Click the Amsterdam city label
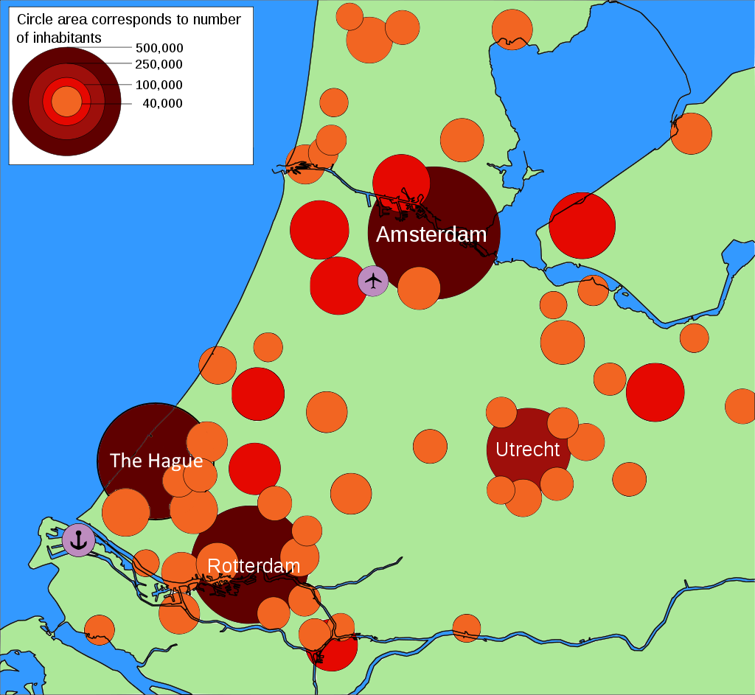point(431,234)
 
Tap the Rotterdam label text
point(254,566)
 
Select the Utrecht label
point(527,449)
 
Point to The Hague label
point(156,461)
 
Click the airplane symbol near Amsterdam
point(373,281)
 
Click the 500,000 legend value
point(159,48)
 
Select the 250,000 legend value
point(159,65)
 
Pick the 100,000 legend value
point(159,85)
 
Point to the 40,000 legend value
point(162,103)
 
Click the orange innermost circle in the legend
point(66,101)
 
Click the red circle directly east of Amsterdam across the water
point(582,226)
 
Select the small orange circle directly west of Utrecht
point(430,446)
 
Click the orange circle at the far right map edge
point(742,406)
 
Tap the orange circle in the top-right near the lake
point(691,133)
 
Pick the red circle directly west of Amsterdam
point(319,230)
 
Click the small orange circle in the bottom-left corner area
point(99,629)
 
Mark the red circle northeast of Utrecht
point(655,392)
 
